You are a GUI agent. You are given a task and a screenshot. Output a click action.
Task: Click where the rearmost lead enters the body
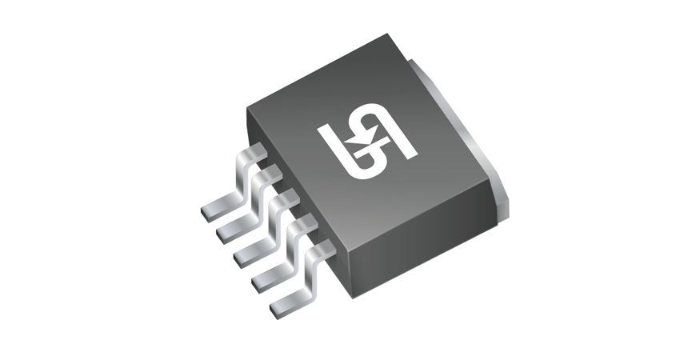pyautogui.click(x=258, y=152)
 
